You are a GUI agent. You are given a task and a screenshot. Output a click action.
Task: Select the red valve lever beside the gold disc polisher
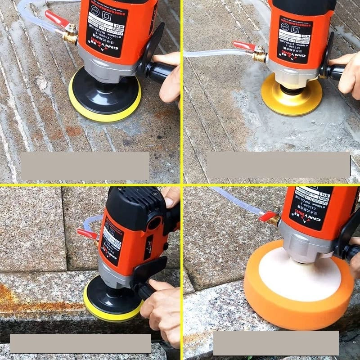[x=243, y=45]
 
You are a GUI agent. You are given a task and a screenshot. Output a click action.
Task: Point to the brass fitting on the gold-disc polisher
[x=260, y=55]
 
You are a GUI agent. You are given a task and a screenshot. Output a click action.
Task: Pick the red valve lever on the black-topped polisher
[x=87, y=234]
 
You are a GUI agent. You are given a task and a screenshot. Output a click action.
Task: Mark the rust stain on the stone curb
[x=27, y=300]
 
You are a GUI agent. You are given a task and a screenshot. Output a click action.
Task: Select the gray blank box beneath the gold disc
[x=278, y=164]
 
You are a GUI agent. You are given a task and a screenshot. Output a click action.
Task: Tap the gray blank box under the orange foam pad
[x=275, y=343]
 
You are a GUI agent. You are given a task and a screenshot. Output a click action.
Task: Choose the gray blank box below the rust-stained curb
[x=81, y=343]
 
